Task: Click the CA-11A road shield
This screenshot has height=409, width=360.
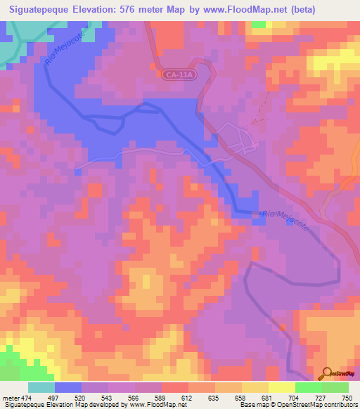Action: click(x=178, y=73)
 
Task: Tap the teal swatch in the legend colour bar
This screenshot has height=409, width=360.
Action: click(x=41, y=387)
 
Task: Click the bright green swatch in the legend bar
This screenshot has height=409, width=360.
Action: click(x=308, y=387)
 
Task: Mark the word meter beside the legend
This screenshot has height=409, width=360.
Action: click(x=10, y=398)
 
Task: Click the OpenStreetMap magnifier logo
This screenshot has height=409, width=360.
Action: click(x=325, y=373)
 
